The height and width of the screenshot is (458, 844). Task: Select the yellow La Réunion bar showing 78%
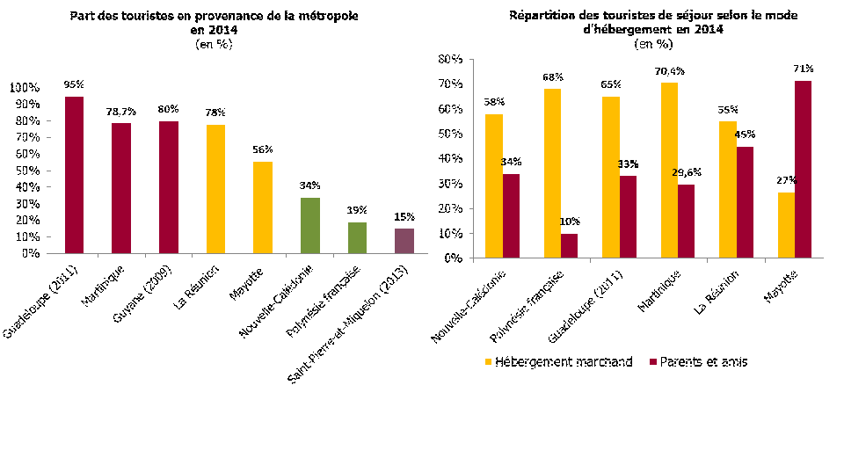click(215, 189)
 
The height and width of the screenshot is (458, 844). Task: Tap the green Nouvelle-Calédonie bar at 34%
click(309, 225)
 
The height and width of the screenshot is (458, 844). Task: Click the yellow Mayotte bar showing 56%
click(262, 207)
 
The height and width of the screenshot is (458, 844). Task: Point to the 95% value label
click(74, 84)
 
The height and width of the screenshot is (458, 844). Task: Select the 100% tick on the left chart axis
click(24, 88)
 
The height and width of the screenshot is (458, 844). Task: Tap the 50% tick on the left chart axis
click(27, 171)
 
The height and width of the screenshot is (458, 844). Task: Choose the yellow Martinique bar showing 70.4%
click(670, 171)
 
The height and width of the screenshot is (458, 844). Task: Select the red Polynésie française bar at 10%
click(570, 246)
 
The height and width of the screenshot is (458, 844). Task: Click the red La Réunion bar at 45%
click(746, 202)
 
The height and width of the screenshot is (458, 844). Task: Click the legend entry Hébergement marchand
click(556, 361)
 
